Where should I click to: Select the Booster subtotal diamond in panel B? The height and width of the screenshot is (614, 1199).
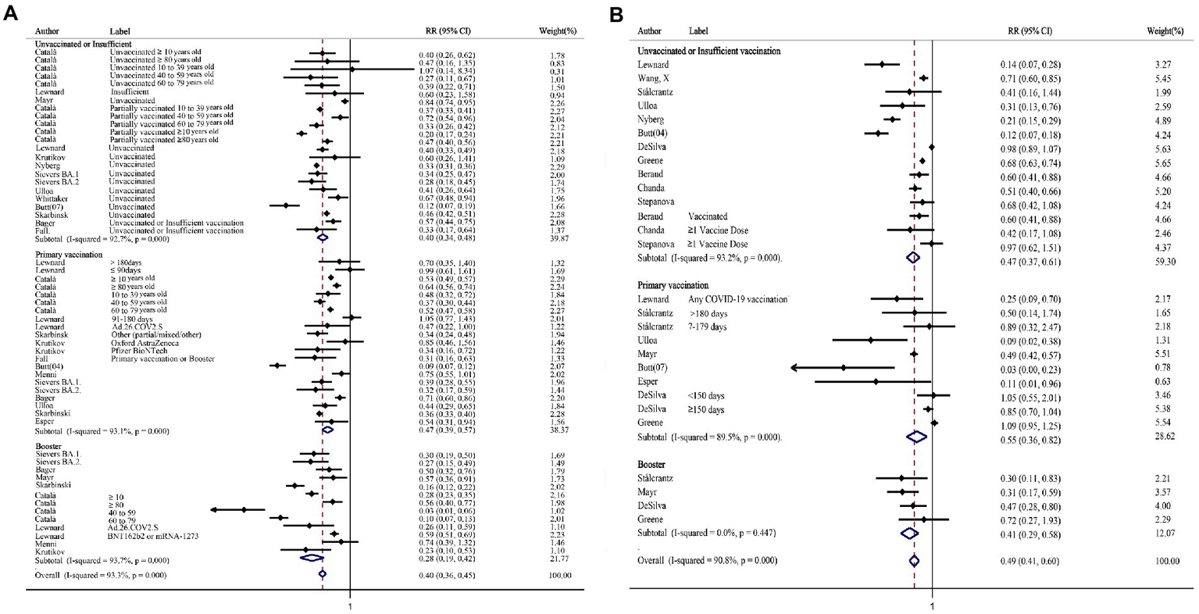pyautogui.click(x=908, y=533)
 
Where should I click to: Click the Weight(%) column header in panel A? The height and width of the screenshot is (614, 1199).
pyautogui.click(x=558, y=31)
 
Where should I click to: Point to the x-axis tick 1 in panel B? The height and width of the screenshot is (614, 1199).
pyautogui.click(x=932, y=605)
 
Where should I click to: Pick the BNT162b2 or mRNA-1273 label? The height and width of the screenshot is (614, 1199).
pyautogui.click(x=156, y=537)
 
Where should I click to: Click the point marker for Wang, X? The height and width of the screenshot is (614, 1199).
pyautogui.click(x=923, y=78)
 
